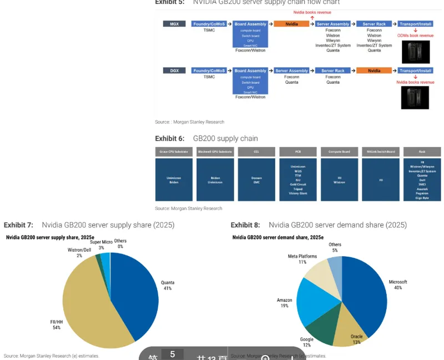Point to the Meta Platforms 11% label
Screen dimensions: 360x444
click(302, 259)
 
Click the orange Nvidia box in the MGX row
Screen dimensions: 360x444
click(291, 24)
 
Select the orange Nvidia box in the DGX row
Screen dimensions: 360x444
click(374, 71)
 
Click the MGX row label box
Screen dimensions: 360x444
click(174, 24)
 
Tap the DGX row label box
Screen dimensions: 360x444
click(174, 71)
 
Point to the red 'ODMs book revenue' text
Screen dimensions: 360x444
click(415, 35)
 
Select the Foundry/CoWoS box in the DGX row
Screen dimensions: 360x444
click(209, 71)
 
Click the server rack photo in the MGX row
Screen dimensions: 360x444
click(415, 52)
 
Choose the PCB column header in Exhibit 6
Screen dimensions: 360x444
click(297, 152)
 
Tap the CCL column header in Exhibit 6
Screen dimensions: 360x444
click(256, 152)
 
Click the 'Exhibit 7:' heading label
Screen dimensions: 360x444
click(18, 225)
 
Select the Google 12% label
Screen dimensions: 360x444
click(307, 342)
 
